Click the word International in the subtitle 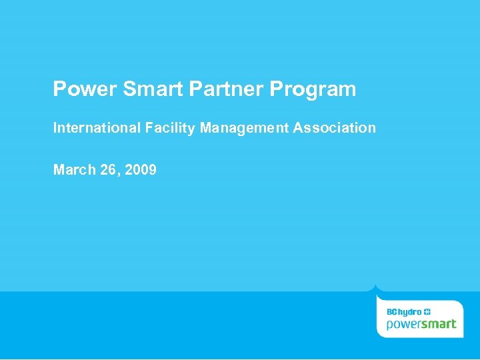(x=97, y=127)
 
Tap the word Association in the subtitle (x=335, y=127)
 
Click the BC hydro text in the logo (x=404, y=312)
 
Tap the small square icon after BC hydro (x=427, y=312)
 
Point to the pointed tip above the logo (x=377, y=286)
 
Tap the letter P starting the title (x=59, y=89)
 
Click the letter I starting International (x=55, y=127)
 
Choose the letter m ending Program (x=348, y=91)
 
